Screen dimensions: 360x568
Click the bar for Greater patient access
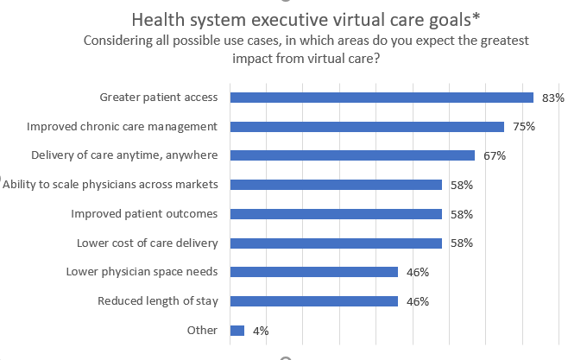click(382, 98)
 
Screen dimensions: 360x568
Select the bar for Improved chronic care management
click(367, 127)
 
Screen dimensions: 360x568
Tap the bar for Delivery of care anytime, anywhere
click(352, 155)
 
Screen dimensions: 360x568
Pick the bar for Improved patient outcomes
click(336, 214)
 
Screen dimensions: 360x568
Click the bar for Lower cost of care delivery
click(336, 243)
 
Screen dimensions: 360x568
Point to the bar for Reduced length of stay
click(314, 301)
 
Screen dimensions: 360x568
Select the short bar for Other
click(237, 331)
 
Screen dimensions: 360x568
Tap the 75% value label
click(524, 127)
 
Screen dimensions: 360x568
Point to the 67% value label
click(495, 155)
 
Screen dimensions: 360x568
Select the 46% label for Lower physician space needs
click(418, 272)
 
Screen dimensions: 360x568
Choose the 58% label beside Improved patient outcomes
click(462, 214)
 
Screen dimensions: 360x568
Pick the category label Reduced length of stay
click(157, 301)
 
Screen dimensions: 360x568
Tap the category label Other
click(202, 331)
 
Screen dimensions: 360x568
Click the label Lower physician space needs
click(142, 272)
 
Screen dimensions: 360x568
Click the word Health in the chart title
click(155, 19)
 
